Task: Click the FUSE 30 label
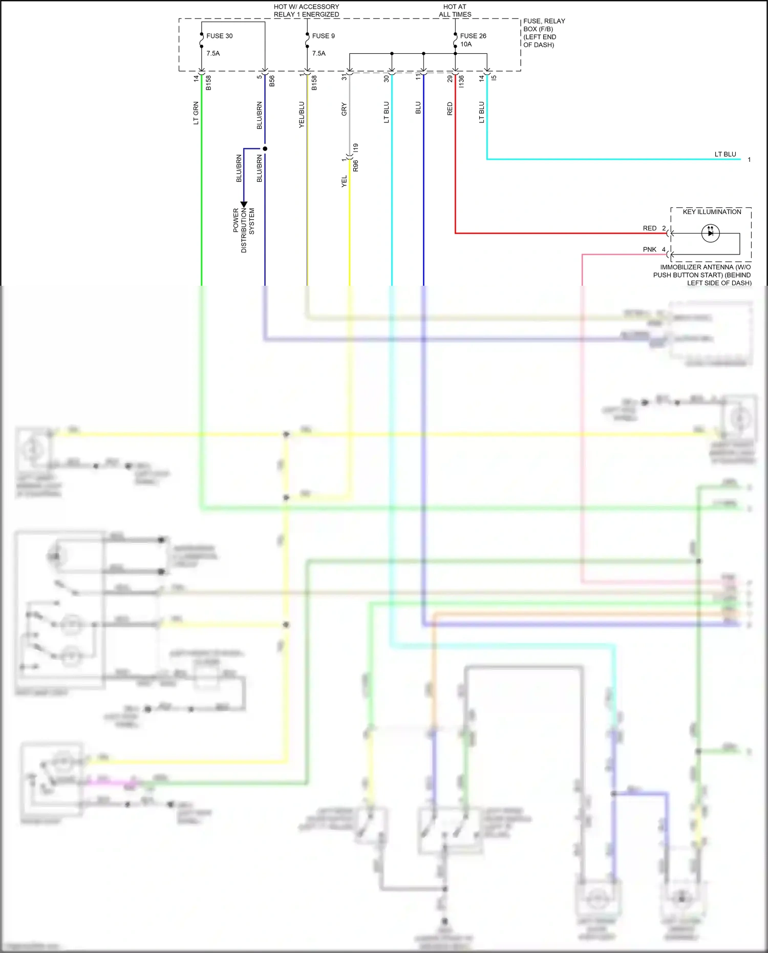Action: point(219,36)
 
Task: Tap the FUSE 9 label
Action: point(323,36)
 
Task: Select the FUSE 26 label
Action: point(473,36)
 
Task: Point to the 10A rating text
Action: point(466,45)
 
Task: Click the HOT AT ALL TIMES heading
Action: point(455,10)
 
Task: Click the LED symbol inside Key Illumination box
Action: point(710,233)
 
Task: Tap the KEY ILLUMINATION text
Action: point(712,211)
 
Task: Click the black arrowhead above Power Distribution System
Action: point(244,204)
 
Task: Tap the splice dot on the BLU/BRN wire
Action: point(265,149)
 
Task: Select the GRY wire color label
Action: point(344,109)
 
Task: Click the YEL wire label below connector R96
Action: point(344,181)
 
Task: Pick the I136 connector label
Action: point(461,81)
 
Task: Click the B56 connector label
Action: point(272,81)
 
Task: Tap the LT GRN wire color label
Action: point(196,113)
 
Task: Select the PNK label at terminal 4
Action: point(649,249)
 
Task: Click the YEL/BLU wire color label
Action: point(302,115)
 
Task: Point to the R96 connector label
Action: point(356,165)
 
